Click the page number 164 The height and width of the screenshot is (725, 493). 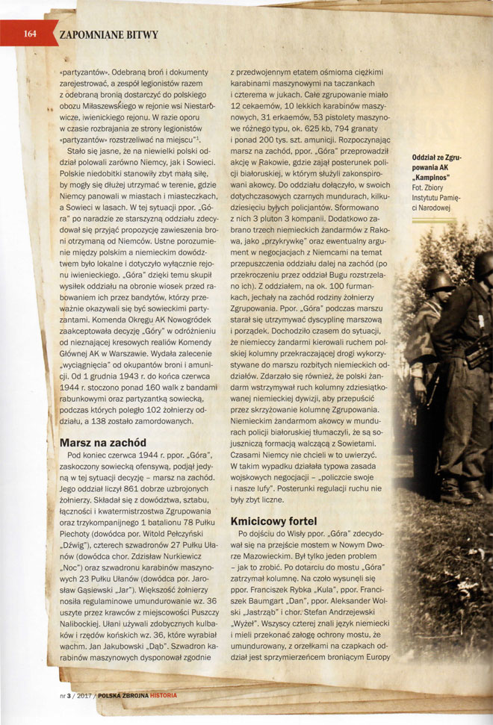(31, 33)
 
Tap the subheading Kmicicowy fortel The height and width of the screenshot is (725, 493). (285, 521)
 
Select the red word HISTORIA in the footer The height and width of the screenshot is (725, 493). (162, 695)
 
